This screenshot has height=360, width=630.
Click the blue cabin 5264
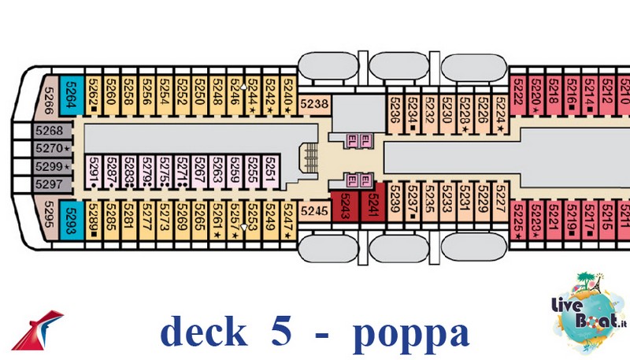click(x=71, y=97)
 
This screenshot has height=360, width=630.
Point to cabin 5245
click(x=314, y=210)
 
